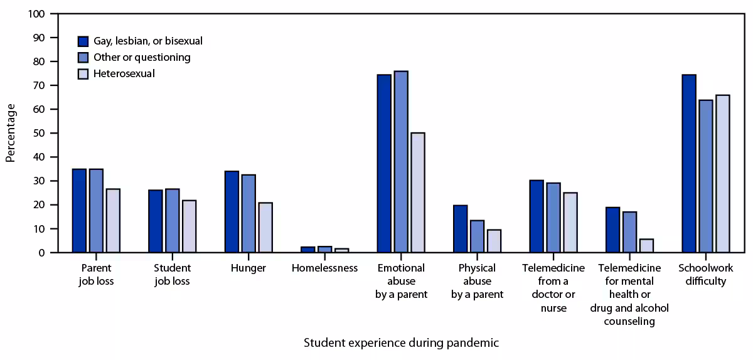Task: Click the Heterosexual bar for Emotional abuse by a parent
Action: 417,193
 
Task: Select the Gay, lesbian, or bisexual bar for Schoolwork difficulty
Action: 689,164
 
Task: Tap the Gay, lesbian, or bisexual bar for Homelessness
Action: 308,250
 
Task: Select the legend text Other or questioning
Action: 142,58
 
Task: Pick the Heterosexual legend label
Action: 124,74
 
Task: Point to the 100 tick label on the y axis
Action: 36,14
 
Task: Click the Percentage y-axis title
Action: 11,133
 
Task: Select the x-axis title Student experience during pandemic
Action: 402,343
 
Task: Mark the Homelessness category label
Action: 324,268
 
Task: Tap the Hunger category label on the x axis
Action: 248,268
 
